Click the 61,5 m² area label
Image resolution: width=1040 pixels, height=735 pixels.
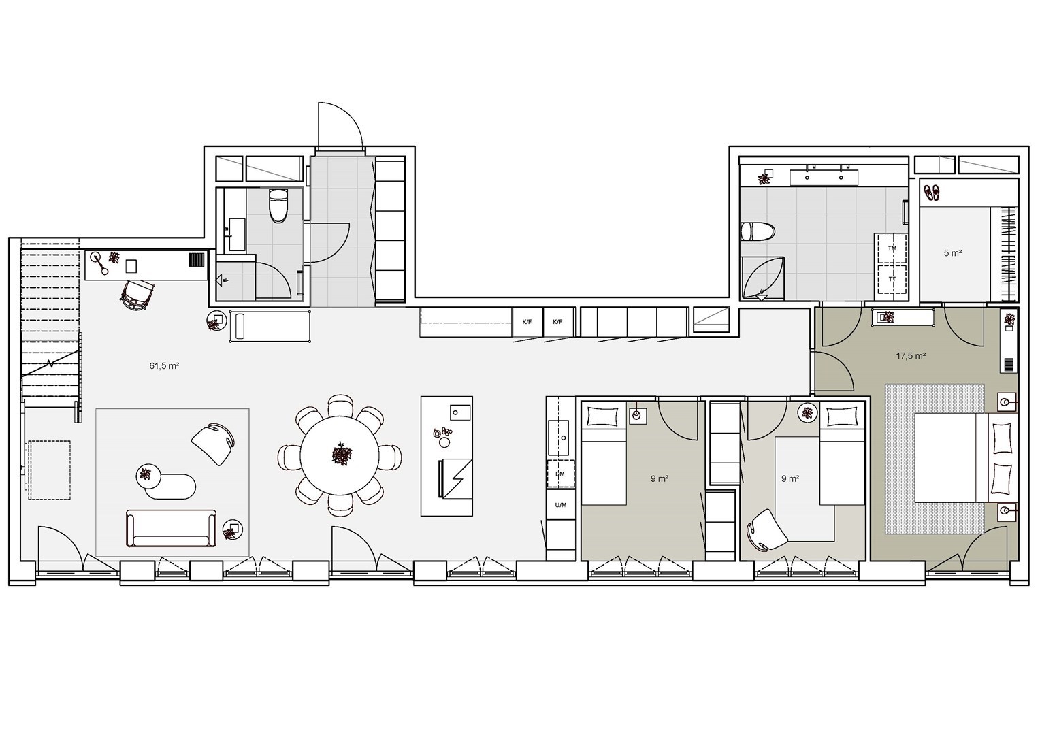[164, 366]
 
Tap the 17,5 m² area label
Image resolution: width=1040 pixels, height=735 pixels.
[911, 356]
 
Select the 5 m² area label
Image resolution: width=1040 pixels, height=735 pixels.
[953, 253]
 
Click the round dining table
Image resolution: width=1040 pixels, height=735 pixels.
[339, 455]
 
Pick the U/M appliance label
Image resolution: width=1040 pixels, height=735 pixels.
[561, 505]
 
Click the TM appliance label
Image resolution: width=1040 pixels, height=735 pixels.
[892, 248]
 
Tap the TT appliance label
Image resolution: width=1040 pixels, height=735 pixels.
[892, 279]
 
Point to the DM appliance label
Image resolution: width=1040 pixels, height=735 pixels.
[560, 474]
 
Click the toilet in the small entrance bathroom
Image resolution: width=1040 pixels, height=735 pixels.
[278, 206]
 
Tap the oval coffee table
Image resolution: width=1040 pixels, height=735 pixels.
[170, 487]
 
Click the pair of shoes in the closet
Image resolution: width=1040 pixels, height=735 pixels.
[931, 193]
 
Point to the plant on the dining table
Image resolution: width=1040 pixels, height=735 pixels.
[342, 454]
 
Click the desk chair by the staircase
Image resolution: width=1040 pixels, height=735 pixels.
[137, 295]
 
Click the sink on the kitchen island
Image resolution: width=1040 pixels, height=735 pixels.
[459, 412]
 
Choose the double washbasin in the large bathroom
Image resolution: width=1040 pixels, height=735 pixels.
[824, 178]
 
